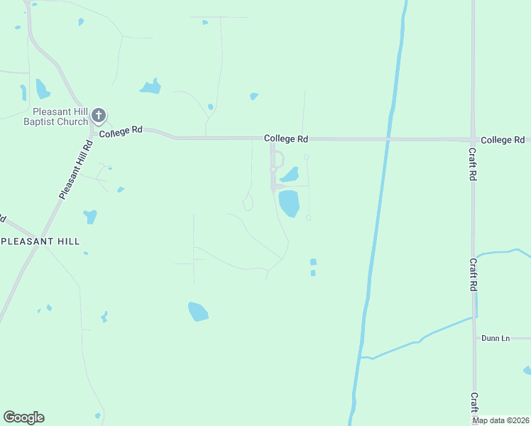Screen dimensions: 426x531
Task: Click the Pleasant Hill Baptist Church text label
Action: (60, 116)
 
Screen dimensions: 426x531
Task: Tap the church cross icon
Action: (99, 114)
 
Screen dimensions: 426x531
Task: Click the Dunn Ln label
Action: (496, 338)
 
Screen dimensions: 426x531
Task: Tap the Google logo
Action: (23, 417)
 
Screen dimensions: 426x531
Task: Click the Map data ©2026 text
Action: (501, 420)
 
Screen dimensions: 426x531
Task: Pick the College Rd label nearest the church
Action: (121, 132)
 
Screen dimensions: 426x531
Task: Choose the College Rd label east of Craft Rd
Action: (503, 140)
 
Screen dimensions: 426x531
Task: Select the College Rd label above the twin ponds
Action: (286, 138)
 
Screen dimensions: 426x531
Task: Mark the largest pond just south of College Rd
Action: (290, 203)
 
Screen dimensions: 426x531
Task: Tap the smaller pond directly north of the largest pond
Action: (290, 175)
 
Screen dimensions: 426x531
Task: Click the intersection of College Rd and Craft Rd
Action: (473, 139)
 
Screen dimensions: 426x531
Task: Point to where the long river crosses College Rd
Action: (388, 139)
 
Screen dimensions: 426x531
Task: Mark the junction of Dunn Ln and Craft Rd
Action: (474, 338)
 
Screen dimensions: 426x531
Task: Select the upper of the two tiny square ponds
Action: (313, 262)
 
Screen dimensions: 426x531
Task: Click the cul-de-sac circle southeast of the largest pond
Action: (308, 218)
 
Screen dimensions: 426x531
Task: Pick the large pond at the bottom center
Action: (198, 311)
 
